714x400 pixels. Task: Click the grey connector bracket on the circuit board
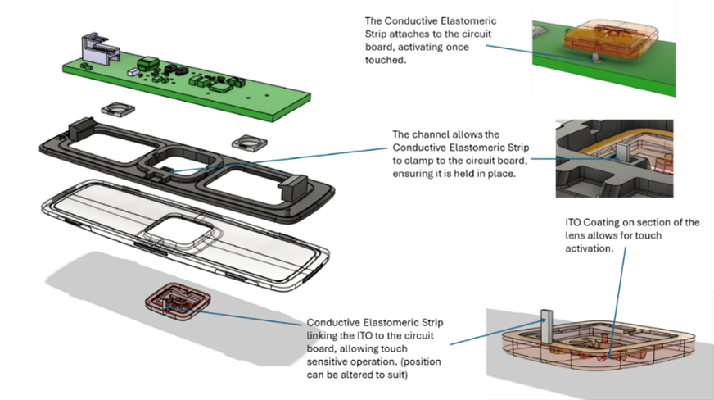pos(96,48)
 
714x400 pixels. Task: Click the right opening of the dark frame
pos(246,175)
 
